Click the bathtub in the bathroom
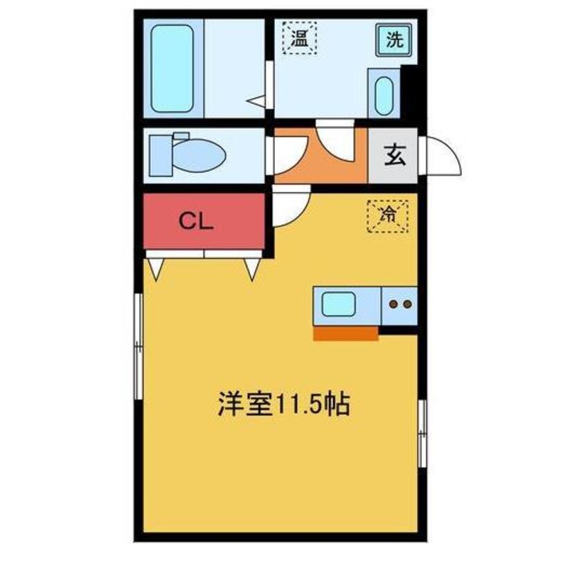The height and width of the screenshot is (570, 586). [172, 69]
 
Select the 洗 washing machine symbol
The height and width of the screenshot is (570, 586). [393, 39]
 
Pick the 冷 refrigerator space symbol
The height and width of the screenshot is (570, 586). [388, 214]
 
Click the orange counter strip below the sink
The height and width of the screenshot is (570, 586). [346, 334]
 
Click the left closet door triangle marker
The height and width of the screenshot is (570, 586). [155, 269]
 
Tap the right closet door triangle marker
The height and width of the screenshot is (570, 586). [251, 269]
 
